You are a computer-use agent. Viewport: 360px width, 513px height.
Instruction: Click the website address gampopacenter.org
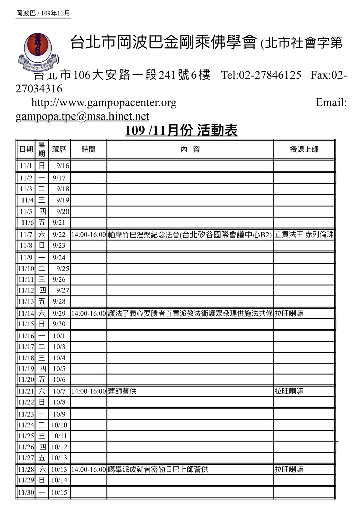(x=104, y=102)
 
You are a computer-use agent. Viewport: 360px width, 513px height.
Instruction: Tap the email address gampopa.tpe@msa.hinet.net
(x=82, y=116)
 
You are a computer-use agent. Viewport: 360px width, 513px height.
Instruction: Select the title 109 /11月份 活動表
(x=181, y=130)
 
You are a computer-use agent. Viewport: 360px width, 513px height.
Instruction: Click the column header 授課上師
(x=304, y=149)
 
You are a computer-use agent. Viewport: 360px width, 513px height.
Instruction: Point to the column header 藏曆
(x=59, y=149)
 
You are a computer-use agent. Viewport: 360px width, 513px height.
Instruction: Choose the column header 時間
(x=88, y=149)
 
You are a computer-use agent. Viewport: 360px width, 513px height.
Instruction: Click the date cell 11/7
(x=26, y=235)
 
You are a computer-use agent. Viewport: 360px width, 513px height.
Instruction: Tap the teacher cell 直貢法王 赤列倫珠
(x=304, y=235)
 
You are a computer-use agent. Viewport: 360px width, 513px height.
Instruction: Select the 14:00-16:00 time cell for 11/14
(x=88, y=313)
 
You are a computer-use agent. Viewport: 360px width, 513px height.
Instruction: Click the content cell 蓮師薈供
(x=122, y=391)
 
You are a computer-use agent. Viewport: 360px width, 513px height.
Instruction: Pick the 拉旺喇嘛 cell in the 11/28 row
(x=289, y=469)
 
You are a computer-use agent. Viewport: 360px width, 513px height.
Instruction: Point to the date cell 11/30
(x=26, y=492)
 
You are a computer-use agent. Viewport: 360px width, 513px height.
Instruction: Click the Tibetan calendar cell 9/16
(x=62, y=166)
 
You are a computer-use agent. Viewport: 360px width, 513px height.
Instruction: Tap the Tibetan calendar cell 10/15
(x=59, y=492)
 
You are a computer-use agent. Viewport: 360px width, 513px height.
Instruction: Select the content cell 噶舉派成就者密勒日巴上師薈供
(x=158, y=469)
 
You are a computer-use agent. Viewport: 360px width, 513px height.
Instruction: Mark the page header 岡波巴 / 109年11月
(x=43, y=13)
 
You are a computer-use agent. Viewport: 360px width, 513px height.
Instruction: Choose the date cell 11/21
(x=26, y=391)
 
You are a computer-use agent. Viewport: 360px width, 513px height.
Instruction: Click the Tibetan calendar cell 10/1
(x=59, y=336)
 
